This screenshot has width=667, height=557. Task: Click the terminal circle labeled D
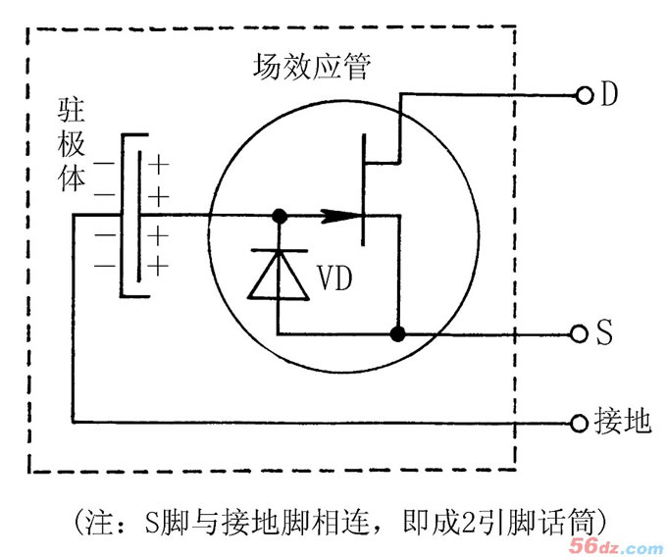tap(586, 95)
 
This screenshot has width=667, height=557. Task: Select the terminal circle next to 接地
tap(580, 423)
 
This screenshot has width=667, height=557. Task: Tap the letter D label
tap(610, 95)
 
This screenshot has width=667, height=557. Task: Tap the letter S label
tap(605, 333)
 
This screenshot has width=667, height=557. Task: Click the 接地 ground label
tap(622, 422)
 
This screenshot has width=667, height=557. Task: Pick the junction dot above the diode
tap(280, 214)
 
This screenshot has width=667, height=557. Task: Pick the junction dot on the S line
tap(397, 334)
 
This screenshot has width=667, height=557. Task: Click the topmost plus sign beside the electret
tap(159, 163)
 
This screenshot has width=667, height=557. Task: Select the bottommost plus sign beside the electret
tap(159, 265)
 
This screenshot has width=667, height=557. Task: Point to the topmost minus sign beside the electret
tap(102, 163)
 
